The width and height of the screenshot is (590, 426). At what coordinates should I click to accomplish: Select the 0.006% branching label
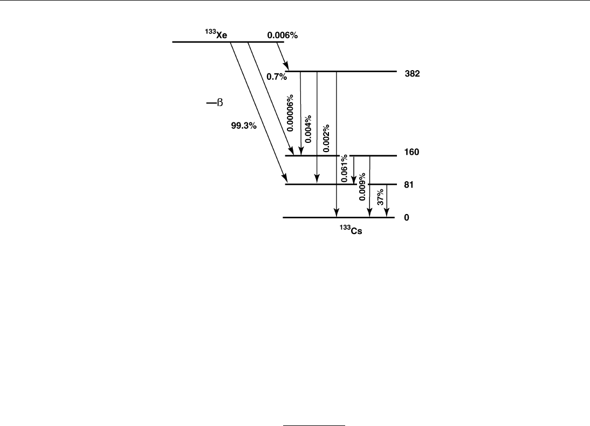click(x=283, y=35)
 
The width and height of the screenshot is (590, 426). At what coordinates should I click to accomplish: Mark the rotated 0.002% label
click(x=326, y=138)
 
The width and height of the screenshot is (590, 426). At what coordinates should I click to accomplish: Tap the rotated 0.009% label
click(x=362, y=187)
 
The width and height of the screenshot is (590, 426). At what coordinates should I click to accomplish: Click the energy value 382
click(x=412, y=75)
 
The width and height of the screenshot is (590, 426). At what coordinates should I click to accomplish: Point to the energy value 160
click(x=412, y=153)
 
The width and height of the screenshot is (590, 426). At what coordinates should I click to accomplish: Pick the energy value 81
click(x=408, y=184)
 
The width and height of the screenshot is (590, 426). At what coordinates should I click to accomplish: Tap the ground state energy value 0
click(x=407, y=218)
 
